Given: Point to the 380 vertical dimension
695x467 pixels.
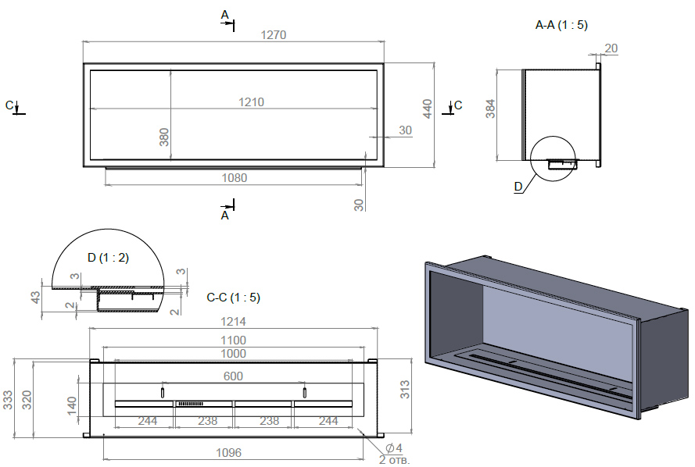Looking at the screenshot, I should pyautogui.click(x=164, y=137).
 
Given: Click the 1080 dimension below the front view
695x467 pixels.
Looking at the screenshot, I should pyautogui.click(x=234, y=178).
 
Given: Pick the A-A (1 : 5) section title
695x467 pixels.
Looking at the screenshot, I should pyautogui.click(x=561, y=25).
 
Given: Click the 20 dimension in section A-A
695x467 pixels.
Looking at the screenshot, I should pyautogui.click(x=611, y=48).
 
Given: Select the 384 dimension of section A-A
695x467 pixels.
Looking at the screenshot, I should pyautogui.click(x=490, y=109).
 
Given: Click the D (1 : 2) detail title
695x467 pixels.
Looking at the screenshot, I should pyautogui.click(x=108, y=257).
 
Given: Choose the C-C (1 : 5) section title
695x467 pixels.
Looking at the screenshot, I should pyautogui.click(x=233, y=298).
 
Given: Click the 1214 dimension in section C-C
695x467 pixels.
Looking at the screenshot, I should pyautogui.click(x=233, y=321).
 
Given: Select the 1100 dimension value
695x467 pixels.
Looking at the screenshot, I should pyautogui.click(x=233, y=340).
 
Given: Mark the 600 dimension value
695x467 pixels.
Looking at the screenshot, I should pyautogui.click(x=233, y=376).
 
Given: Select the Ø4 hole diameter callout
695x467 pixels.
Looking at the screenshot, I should pyautogui.click(x=394, y=447).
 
